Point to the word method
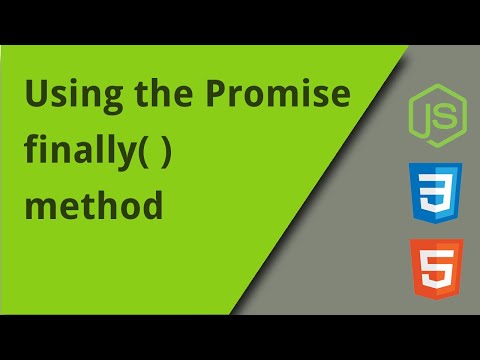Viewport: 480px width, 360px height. (94, 207)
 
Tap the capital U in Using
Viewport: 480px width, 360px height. (37, 97)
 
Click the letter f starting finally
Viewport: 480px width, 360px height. (32, 152)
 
